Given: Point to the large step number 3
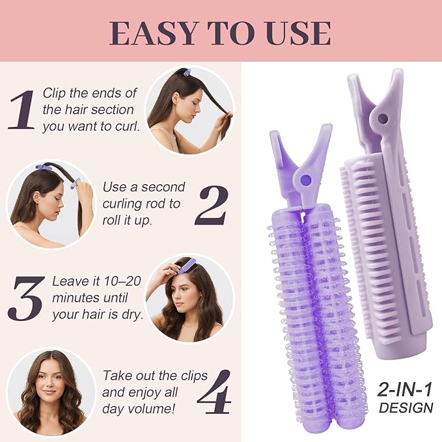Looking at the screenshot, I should point(26,296).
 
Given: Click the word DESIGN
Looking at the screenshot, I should point(406,408).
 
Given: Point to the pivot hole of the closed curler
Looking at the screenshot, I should point(381,119).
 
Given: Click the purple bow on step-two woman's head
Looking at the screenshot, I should point(44,168).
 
